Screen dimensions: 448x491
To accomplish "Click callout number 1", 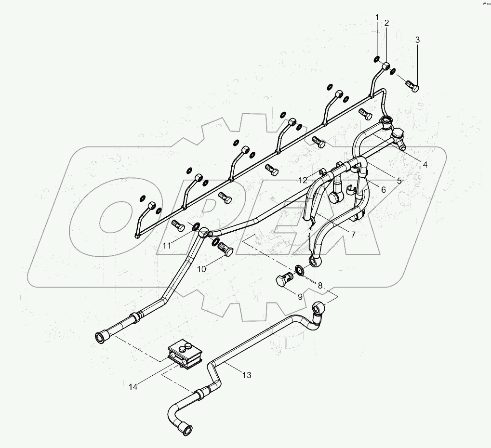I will click(378, 18).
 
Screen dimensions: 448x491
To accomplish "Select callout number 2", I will click(386, 23).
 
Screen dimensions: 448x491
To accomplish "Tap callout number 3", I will click(417, 40).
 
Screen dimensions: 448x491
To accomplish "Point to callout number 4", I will click(425, 164).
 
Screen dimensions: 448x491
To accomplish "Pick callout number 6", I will click(383, 190).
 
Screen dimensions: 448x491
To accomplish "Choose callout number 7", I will click(353, 235).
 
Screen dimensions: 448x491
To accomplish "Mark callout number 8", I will click(320, 285).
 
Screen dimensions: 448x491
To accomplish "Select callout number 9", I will click(300, 297).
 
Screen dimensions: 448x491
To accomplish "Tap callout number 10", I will click(201, 269).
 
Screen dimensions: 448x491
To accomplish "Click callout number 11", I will click(166, 246).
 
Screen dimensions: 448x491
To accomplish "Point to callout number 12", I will click(303, 180).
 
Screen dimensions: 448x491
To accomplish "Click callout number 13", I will click(247, 375).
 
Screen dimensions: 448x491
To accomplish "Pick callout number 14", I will click(133, 386).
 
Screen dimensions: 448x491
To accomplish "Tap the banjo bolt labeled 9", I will click(284, 280).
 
